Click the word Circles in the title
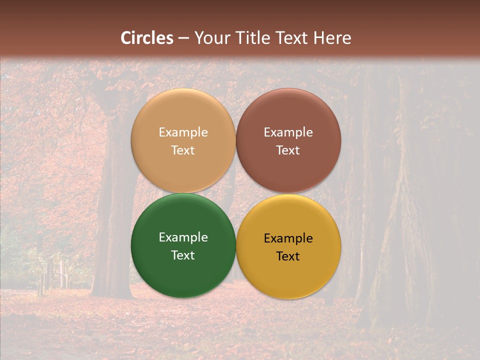click(146, 38)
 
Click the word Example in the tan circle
click(183, 132)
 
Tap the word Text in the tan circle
click(183, 150)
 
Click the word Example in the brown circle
click(288, 132)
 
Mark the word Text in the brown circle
click(288, 150)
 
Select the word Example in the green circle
click(183, 237)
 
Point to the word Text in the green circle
click(183, 255)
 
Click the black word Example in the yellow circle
click(288, 238)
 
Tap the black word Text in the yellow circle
click(288, 256)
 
